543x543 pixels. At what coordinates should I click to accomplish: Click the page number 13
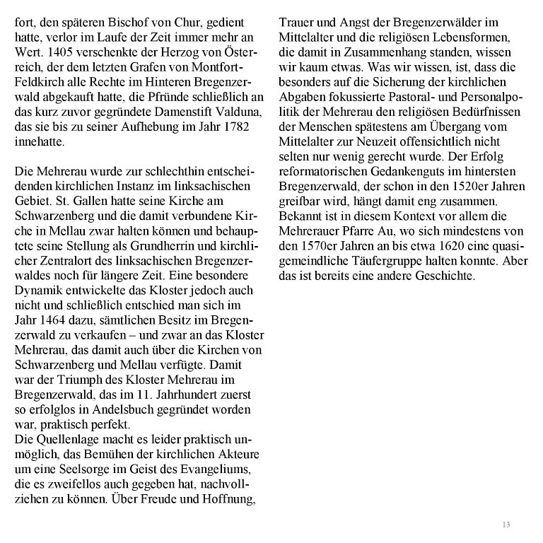[x=506, y=524]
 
